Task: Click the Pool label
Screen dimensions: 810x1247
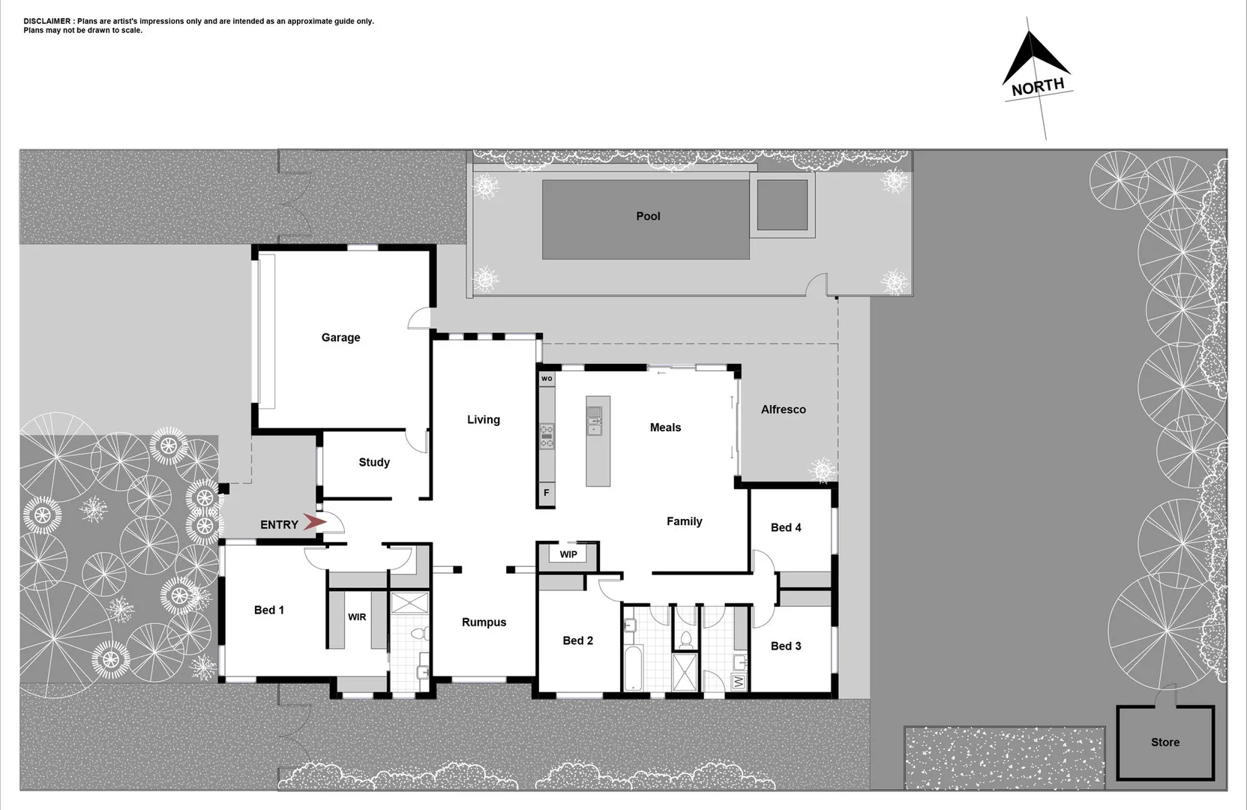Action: click(x=648, y=216)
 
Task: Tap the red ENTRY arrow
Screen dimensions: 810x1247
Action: click(x=315, y=523)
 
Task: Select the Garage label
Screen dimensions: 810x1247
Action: click(x=340, y=337)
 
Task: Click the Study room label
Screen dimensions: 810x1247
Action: click(x=373, y=462)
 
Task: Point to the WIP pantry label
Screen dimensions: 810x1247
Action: click(x=568, y=554)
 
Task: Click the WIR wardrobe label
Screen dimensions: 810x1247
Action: click(x=357, y=616)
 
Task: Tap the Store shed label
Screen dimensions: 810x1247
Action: click(x=1165, y=742)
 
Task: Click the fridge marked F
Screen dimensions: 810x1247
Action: click(x=547, y=493)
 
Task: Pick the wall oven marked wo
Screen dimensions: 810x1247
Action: click(x=547, y=379)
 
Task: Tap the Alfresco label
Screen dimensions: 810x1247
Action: click(x=783, y=409)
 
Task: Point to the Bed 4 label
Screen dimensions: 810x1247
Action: click(x=785, y=527)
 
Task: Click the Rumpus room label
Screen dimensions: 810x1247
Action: click(x=484, y=622)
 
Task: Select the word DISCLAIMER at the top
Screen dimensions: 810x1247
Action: click(x=48, y=21)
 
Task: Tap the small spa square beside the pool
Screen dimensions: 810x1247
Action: click(x=781, y=204)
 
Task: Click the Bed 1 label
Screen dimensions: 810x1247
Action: click(x=268, y=610)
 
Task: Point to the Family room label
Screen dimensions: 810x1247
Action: click(x=684, y=521)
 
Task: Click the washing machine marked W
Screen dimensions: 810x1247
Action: click(x=738, y=682)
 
